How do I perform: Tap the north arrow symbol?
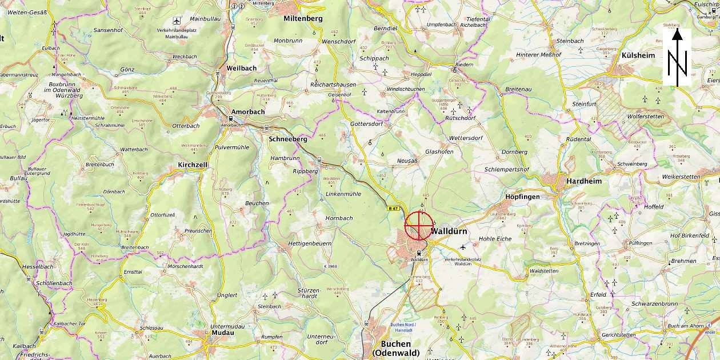pyautogui.click(x=677, y=58)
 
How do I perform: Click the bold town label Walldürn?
pyautogui.click(x=449, y=231)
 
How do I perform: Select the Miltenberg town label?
pyautogui.click(x=303, y=18)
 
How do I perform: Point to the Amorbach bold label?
pyautogui.click(x=248, y=112)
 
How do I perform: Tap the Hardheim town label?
pyautogui.click(x=584, y=181)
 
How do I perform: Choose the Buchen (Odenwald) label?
pyautogui.click(x=396, y=348)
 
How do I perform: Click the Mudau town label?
pyautogui.click(x=223, y=333)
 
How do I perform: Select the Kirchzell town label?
pyautogui.click(x=192, y=165)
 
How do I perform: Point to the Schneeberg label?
pyautogui.click(x=287, y=139)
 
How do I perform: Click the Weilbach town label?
pyautogui.click(x=241, y=68)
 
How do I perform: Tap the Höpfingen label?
pyautogui.click(x=522, y=197)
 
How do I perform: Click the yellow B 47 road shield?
pyautogui.click(x=393, y=208)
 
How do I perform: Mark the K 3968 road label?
pyautogui.click(x=330, y=266)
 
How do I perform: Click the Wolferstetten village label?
pyautogui.click(x=646, y=117)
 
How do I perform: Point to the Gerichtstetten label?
pyautogui.click(x=618, y=335)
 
